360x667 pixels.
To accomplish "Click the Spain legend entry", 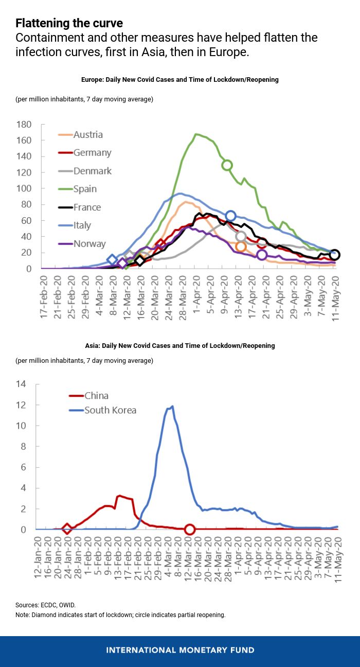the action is (x=77, y=189).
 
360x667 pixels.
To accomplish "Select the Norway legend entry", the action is (x=82, y=244).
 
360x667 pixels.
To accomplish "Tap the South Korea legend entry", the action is (x=103, y=410).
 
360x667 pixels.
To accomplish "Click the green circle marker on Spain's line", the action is (x=227, y=165).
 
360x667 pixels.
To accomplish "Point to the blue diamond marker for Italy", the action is (x=112, y=260).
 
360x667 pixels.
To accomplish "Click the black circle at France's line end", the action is (x=334, y=255).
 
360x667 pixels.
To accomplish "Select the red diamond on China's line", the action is (x=67, y=529).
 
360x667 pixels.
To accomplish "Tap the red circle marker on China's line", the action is (x=190, y=529).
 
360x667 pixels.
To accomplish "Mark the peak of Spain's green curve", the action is (x=195, y=134).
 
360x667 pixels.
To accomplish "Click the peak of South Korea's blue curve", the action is (x=172, y=406).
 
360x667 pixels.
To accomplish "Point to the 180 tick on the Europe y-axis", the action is (x=24, y=124).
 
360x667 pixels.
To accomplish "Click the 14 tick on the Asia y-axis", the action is (x=21, y=384).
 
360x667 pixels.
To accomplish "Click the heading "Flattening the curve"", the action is (x=69, y=23).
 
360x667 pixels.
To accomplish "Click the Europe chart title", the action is (x=180, y=79).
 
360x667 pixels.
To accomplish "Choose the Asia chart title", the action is (x=180, y=345).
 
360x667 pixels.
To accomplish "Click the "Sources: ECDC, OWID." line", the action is (x=46, y=605).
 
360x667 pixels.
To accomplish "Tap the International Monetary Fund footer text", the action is (x=180, y=650).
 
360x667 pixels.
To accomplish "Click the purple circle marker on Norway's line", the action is (x=262, y=255).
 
